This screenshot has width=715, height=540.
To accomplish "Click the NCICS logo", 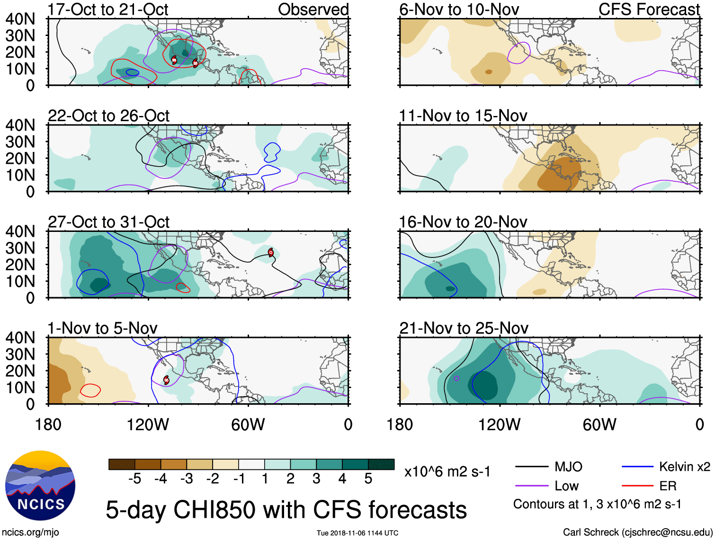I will click(40, 486).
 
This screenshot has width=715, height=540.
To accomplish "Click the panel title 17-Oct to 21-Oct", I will click(108, 9).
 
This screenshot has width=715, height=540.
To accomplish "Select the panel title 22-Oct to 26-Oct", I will click(108, 116).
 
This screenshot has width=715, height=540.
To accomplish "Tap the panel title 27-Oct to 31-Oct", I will click(108, 222).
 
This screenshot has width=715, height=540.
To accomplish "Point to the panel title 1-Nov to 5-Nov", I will click(102, 328).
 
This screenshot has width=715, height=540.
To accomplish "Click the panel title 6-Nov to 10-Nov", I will click(459, 9).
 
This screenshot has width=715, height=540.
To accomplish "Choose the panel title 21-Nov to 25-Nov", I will click(464, 328).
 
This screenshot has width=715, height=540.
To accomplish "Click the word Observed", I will click(313, 9).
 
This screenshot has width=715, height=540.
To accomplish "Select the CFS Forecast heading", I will click(649, 9).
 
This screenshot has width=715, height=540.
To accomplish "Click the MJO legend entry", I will click(568, 467).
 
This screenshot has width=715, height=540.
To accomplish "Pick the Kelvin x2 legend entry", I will click(684, 467).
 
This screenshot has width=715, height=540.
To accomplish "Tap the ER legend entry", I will click(668, 486).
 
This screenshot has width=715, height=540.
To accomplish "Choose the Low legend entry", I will click(566, 486).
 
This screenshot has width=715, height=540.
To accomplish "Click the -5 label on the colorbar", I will click(134, 479).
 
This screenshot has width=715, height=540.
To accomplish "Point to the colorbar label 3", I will click(316, 479).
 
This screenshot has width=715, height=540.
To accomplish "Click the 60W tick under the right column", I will click(599, 425).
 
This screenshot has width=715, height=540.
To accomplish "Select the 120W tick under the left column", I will click(148, 425).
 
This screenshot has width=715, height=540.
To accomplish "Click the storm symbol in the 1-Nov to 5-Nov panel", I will click(166, 380).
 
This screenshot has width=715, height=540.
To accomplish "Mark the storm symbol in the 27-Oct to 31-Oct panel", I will click(270, 252).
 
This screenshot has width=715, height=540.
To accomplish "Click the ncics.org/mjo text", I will click(30, 532).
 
